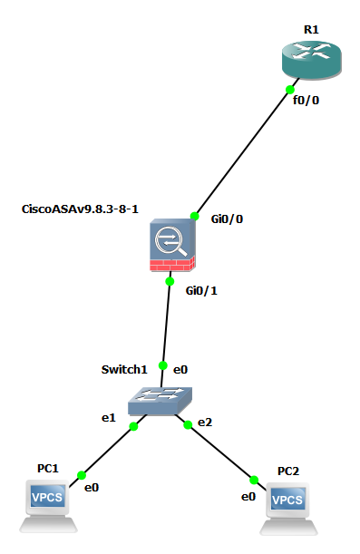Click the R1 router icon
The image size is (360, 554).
coord(312,59)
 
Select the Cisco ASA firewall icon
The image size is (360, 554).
coord(172,245)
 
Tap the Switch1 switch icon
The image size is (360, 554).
coord(160,401)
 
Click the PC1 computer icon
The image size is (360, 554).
coord(48,506)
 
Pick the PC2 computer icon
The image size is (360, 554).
coord(288,509)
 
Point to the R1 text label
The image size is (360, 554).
coord(311,30)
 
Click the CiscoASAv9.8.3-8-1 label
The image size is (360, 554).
coord(80,209)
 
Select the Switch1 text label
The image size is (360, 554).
coord(124,370)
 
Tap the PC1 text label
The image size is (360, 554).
coord(48,469)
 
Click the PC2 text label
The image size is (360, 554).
coord(288,471)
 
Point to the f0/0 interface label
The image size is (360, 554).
coord(306,101)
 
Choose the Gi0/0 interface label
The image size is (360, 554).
coord(227,219)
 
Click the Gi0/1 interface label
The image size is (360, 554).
coord(201,291)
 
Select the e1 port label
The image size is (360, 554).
coord(109,418)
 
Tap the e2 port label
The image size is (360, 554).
coord(205,423)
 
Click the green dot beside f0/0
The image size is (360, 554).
coord(290,90)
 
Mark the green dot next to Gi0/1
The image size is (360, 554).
coord(170,281)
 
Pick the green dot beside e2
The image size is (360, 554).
coord(188,424)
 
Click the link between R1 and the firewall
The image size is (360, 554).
coord(247,148)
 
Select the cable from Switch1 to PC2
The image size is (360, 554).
coord(221,452)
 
